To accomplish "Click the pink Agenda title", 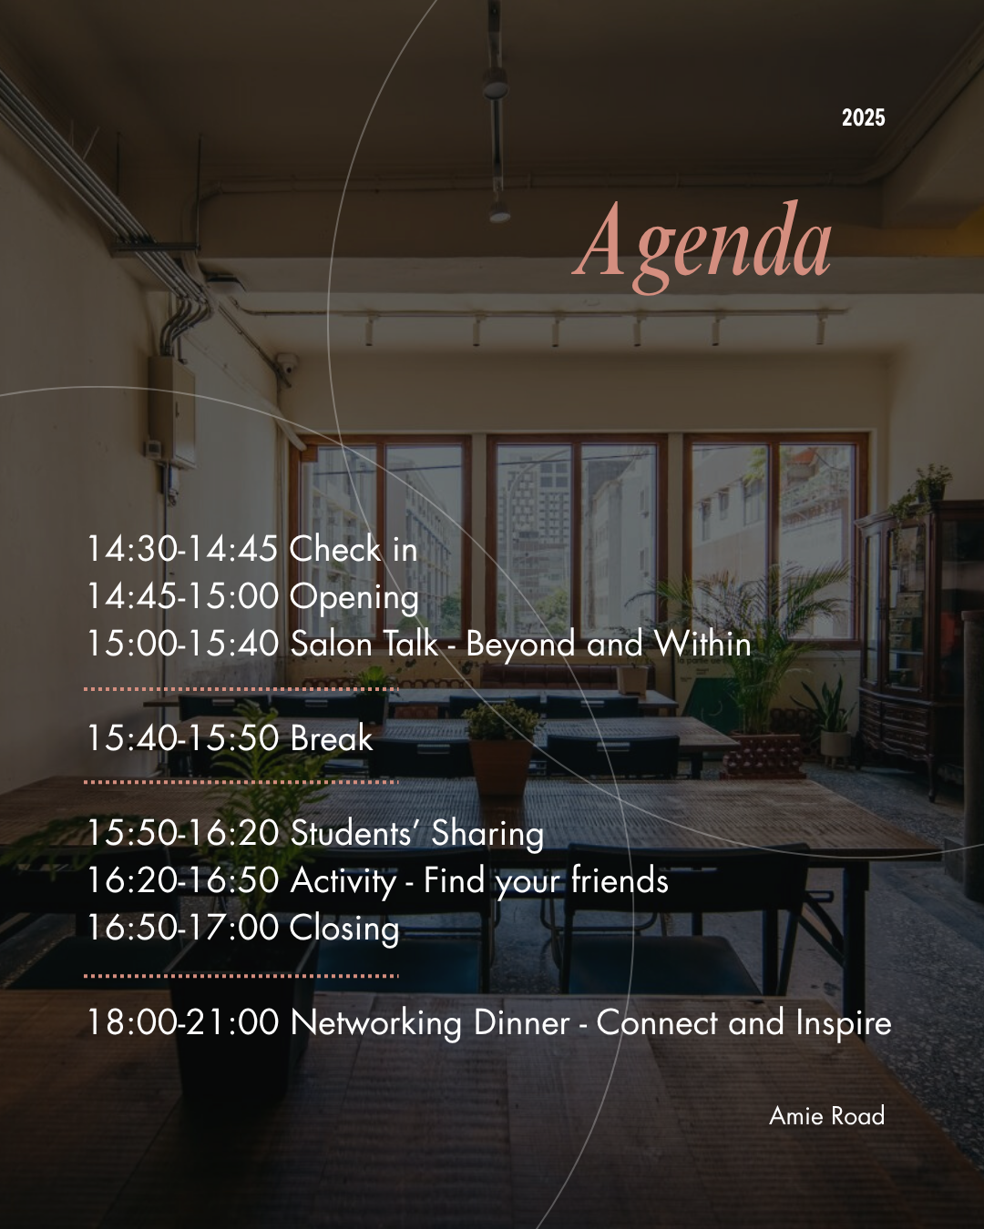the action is pyautogui.click(x=702, y=246).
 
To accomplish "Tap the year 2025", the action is pyautogui.click(x=863, y=117).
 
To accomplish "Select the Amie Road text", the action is pyautogui.click(x=826, y=1115).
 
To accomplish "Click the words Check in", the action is pyautogui.click(x=354, y=549).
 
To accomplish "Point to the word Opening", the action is pyautogui.click(x=354, y=598).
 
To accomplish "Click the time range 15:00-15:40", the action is pyautogui.click(x=183, y=643).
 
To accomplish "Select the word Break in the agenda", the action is pyautogui.click(x=332, y=737).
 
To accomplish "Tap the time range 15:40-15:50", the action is pyautogui.click(x=183, y=737).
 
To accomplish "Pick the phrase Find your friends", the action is pyautogui.click(x=546, y=881).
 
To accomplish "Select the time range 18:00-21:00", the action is pyautogui.click(x=183, y=1022).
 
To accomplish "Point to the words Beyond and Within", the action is pyautogui.click(x=609, y=645).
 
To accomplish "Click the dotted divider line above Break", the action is pyautogui.click(x=241, y=689).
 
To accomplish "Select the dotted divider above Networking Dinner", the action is pyautogui.click(x=241, y=976).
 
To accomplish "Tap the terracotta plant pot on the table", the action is pyautogui.click(x=501, y=767).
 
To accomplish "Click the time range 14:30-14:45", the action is pyautogui.click(x=183, y=549).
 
